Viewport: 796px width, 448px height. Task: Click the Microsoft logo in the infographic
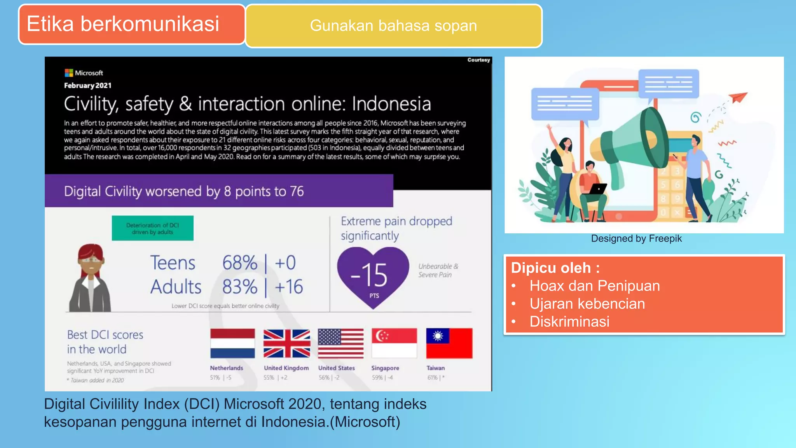69,73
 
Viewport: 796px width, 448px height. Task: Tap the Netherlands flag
232,343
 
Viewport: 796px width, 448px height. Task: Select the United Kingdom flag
287,343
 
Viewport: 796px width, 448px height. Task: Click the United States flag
340,343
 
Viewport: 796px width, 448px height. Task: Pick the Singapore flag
394,343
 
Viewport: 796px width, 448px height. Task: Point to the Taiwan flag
449,343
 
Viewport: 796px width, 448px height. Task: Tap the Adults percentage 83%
240,287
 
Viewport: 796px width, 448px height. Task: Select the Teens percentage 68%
240,263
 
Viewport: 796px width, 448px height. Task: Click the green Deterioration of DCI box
152,228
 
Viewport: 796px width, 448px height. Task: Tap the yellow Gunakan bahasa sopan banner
393,26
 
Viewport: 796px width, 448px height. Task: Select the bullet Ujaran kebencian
587,304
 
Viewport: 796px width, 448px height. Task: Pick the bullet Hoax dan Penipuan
594,286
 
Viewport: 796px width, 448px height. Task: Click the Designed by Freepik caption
636,238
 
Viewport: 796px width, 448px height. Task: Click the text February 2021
88,86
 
